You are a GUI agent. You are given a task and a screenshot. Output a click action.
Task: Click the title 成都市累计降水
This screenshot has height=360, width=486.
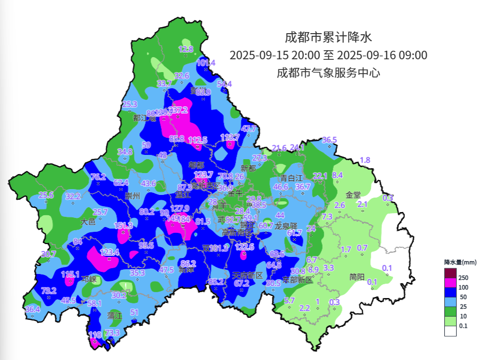(328, 37)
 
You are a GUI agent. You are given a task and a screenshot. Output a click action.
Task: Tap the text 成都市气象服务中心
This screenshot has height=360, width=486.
(328, 73)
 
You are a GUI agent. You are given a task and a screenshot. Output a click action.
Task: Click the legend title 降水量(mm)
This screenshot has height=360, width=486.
(460, 262)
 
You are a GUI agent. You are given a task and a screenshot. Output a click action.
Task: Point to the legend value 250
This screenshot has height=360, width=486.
(464, 278)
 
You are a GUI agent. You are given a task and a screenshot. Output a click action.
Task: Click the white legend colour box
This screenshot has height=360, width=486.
(450, 331)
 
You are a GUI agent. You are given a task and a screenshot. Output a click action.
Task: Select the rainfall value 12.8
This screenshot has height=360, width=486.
(185, 49)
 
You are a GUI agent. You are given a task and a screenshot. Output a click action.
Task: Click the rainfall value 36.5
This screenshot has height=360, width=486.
(330, 140)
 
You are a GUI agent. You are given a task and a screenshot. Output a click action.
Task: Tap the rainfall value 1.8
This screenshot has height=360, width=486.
(365, 160)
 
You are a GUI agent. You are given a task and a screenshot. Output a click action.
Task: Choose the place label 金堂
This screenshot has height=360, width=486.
(354, 194)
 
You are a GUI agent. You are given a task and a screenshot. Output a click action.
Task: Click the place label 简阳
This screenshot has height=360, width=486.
(357, 277)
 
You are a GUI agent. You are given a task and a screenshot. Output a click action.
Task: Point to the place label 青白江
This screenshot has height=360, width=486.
(292, 178)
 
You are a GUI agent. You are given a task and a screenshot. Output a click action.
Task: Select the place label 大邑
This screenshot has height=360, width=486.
(88, 221)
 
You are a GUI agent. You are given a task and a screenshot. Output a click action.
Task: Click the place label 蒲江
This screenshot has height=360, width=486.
(115, 316)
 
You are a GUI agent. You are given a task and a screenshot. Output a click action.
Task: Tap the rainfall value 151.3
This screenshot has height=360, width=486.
(123, 226)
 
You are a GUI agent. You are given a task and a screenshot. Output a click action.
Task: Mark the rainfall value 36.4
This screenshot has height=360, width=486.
(33, 309)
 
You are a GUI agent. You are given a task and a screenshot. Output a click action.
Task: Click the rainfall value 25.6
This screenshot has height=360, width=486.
(46, 195)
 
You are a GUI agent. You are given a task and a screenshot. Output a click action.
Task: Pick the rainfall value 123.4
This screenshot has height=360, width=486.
(109, 252)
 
